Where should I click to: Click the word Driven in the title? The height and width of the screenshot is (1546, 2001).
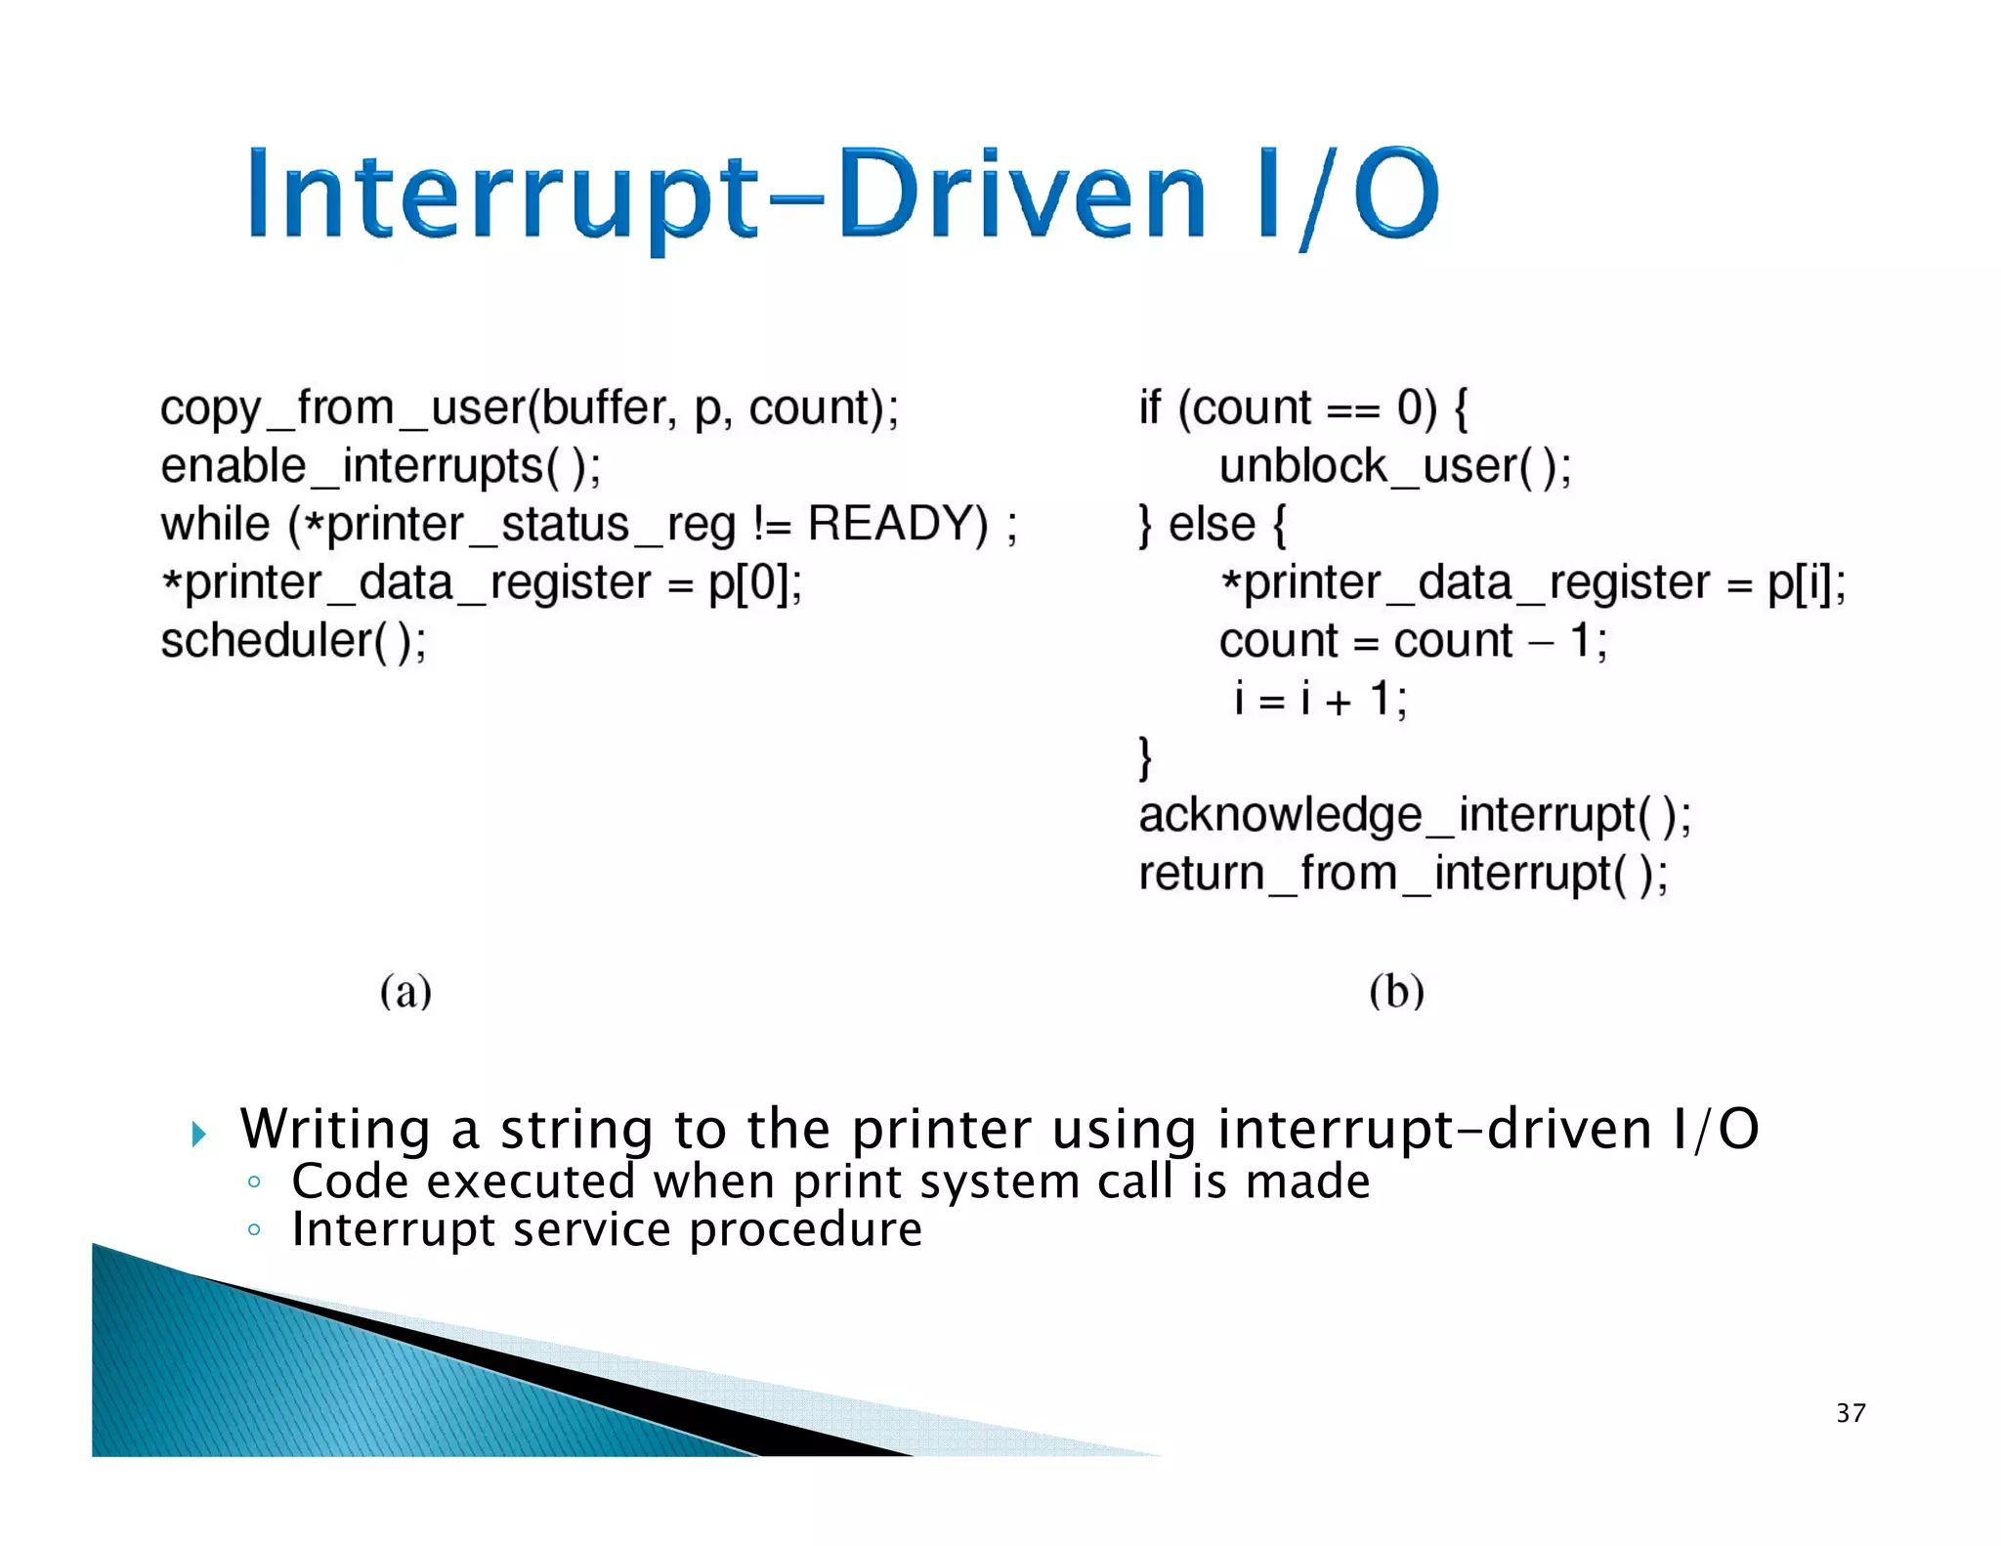click(1021, 195)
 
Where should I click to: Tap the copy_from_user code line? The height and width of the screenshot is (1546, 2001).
click(529, 408)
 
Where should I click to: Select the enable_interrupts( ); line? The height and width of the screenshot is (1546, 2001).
click(381, 466)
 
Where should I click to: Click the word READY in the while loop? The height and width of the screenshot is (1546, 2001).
click(897, 524)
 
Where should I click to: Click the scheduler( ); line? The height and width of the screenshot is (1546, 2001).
click(293, 642)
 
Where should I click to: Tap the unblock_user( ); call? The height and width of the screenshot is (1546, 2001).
click(1394, 466)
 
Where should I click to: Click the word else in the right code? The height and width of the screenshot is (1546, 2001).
click(1212, 525)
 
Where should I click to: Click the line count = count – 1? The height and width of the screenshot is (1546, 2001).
click(1412, 642)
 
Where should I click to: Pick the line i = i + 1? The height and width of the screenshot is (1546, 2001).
click(1319, 700)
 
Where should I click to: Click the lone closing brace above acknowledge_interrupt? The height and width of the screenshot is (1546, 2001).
click(1145, 758)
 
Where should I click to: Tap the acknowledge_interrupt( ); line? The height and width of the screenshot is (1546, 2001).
click(1414, 816)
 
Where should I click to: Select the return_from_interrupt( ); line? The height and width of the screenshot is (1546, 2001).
click(1403, 874)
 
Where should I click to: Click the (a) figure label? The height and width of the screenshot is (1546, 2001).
click(405, 992)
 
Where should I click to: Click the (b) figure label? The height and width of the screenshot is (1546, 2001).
click(1396, 992)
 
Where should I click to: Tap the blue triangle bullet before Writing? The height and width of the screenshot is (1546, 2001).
click(199, 1135)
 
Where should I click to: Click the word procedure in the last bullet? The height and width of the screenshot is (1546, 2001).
click(805, 1229)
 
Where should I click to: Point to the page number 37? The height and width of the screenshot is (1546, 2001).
click(1851, 1413)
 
